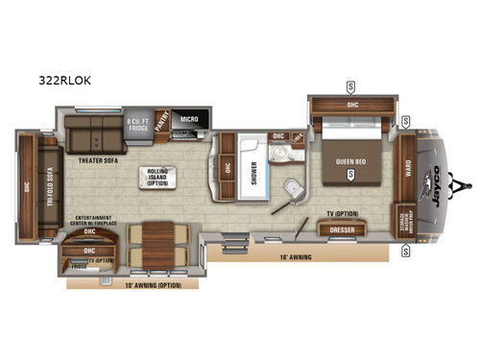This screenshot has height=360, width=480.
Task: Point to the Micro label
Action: tap(189, 120)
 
